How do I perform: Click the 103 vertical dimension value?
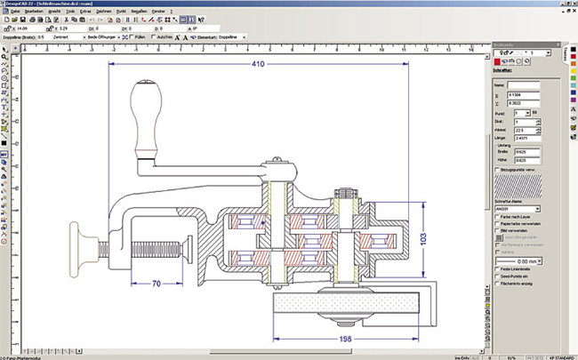point(425,239)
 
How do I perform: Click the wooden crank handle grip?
point(147,115)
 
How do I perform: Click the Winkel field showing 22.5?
point(519,130)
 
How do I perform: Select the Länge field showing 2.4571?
point(519,138)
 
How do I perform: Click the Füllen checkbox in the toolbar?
point(132,38)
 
